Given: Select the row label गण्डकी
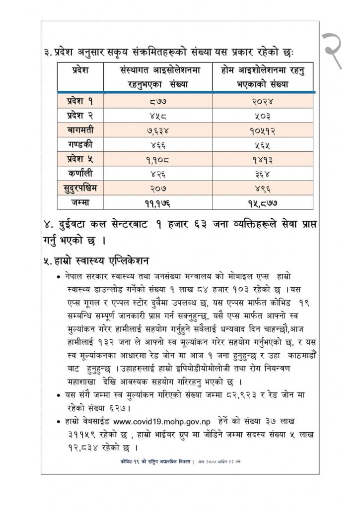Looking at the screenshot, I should (79, 145).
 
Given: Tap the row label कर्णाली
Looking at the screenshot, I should (79, 174).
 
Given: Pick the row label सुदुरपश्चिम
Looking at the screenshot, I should (79, 188).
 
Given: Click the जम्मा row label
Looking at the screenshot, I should (79, 202).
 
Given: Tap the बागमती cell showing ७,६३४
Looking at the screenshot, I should (157, 131).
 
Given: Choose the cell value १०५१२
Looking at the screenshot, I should (263, 131).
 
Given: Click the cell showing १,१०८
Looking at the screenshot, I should (157, 160).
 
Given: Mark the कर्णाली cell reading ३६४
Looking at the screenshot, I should (263, 174).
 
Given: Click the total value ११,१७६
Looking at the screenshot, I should (157, 202).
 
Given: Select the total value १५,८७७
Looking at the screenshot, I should (263, 202).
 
